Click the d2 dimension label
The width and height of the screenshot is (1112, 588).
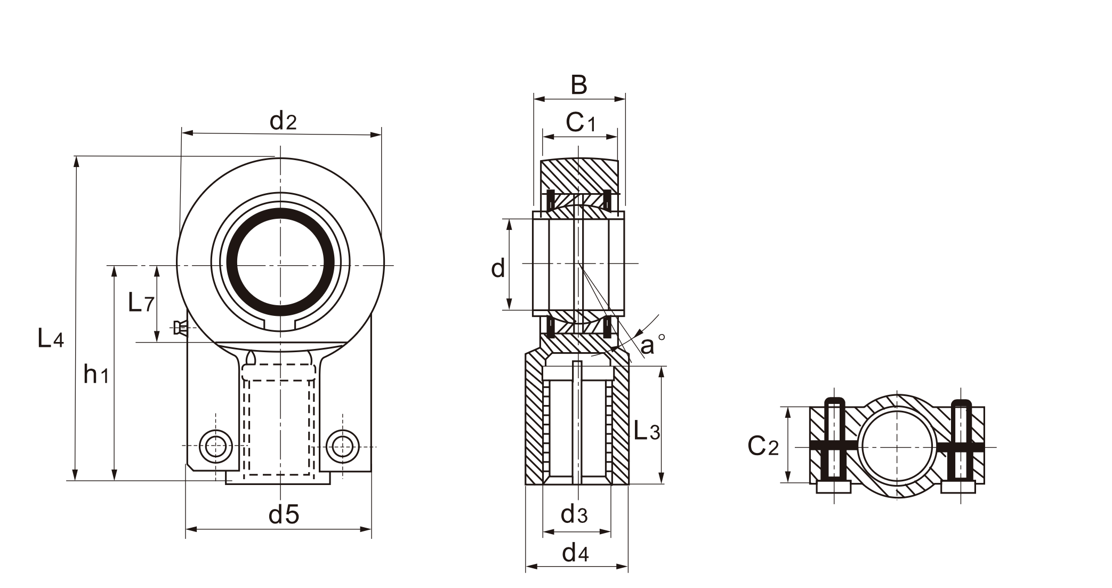coord(283,122)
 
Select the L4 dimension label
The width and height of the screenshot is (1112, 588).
coord(51,338)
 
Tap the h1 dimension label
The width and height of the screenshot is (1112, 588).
coord(96,375)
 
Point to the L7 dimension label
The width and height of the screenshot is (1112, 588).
coord(141,303)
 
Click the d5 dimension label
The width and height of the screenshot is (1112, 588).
coord(284,515)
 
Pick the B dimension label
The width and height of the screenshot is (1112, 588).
coord(579,85)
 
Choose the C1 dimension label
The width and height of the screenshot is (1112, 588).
coord(580,123)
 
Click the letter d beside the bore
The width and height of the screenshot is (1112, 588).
coord(498,268)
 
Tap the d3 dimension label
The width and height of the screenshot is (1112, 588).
coord(574,515)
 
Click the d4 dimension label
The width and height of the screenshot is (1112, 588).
coord(575,554)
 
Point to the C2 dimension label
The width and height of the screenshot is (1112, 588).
coord(763,446)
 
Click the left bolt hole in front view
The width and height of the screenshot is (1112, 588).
coord(216,446)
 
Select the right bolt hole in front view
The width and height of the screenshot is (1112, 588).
coord(342,446)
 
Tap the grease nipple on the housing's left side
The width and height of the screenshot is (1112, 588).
coord(180,328)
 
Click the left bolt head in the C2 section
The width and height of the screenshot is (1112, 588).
coord(834,487)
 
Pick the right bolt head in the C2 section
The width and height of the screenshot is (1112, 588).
coord(958,487)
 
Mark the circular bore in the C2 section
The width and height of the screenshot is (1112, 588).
coord(898,446)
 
